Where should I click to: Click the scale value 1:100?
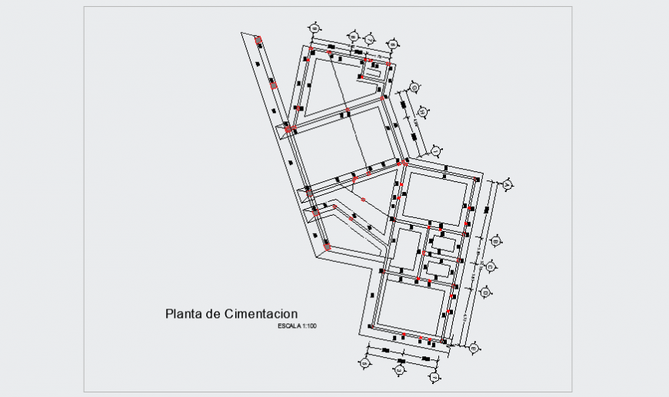click(310, 327)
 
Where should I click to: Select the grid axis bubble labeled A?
click(507, 185)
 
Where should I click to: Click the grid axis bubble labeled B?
click(497, 241)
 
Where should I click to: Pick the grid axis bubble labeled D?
click(485, 293)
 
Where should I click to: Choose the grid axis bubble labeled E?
click(473, 349)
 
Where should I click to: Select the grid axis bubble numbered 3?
click(399, 371)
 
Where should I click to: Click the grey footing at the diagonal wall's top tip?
click(258, 40)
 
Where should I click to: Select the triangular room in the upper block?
click(331, 84)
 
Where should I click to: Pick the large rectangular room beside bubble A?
click(435, 196)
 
